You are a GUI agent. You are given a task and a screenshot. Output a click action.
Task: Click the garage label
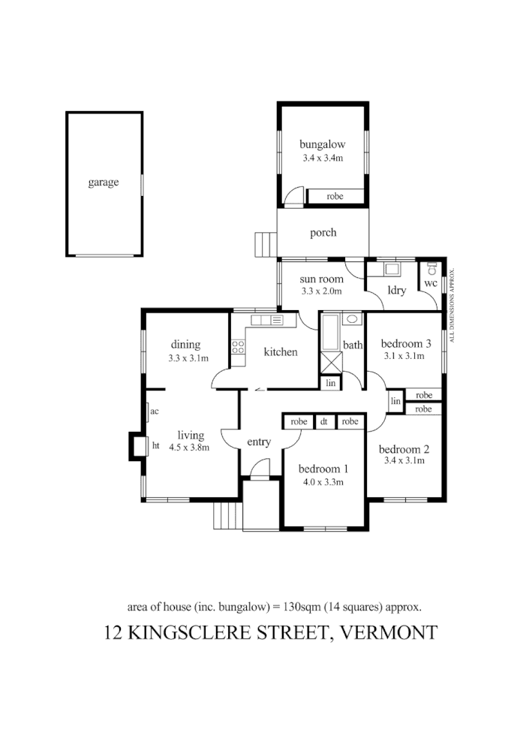104,182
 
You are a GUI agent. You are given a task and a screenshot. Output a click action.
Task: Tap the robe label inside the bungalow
335,196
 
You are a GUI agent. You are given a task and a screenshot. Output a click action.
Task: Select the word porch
323,233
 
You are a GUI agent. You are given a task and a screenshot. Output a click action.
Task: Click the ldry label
396,291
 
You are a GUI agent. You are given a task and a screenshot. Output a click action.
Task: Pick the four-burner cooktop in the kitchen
239,347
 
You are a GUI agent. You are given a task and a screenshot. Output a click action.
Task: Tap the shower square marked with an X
330,362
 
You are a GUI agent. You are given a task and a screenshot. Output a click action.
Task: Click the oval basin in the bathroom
350,319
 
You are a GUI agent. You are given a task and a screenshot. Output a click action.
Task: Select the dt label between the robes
323,422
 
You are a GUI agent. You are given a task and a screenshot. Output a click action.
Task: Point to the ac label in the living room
154,412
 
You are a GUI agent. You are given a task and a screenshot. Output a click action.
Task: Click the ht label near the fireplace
156,445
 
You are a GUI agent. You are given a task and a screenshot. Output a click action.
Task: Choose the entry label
258,442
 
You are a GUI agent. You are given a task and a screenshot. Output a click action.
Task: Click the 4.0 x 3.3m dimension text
323,482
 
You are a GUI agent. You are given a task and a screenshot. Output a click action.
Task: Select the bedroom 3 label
406,344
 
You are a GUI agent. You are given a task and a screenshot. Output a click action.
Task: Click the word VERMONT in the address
389,632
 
